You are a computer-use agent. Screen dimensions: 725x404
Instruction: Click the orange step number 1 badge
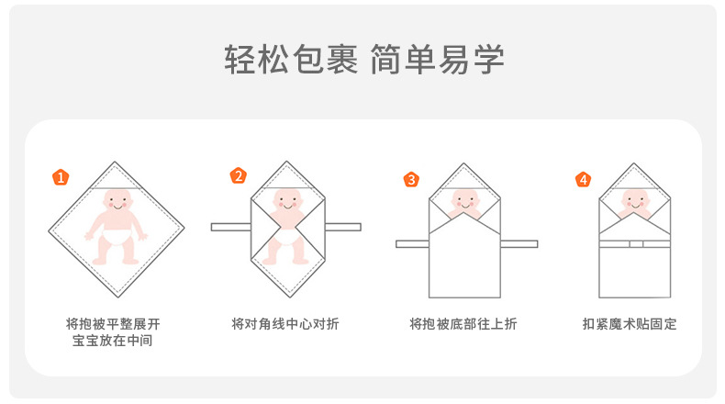tap(61, 177)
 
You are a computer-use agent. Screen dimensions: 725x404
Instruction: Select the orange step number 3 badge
tap(411, 179)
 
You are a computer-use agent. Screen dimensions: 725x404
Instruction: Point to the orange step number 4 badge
tap(583, 178)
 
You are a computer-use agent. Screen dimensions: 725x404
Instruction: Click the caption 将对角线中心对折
tap(285, 324)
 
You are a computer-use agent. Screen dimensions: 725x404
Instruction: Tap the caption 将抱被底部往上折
tap(463, 324)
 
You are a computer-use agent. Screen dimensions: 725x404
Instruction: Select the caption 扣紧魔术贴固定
tap(630, 324)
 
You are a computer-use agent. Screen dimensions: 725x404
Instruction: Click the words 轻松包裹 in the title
tap(288, 62)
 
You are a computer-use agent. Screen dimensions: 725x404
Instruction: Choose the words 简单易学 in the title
tap(438, 62)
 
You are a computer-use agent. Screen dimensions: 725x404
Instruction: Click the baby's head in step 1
tap(117, 200)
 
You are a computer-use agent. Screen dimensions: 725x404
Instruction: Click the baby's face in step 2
tap(287, 201)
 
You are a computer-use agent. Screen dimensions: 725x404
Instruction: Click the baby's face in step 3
tap(463, 201)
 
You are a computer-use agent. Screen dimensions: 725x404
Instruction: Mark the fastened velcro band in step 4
tap(635, 243)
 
